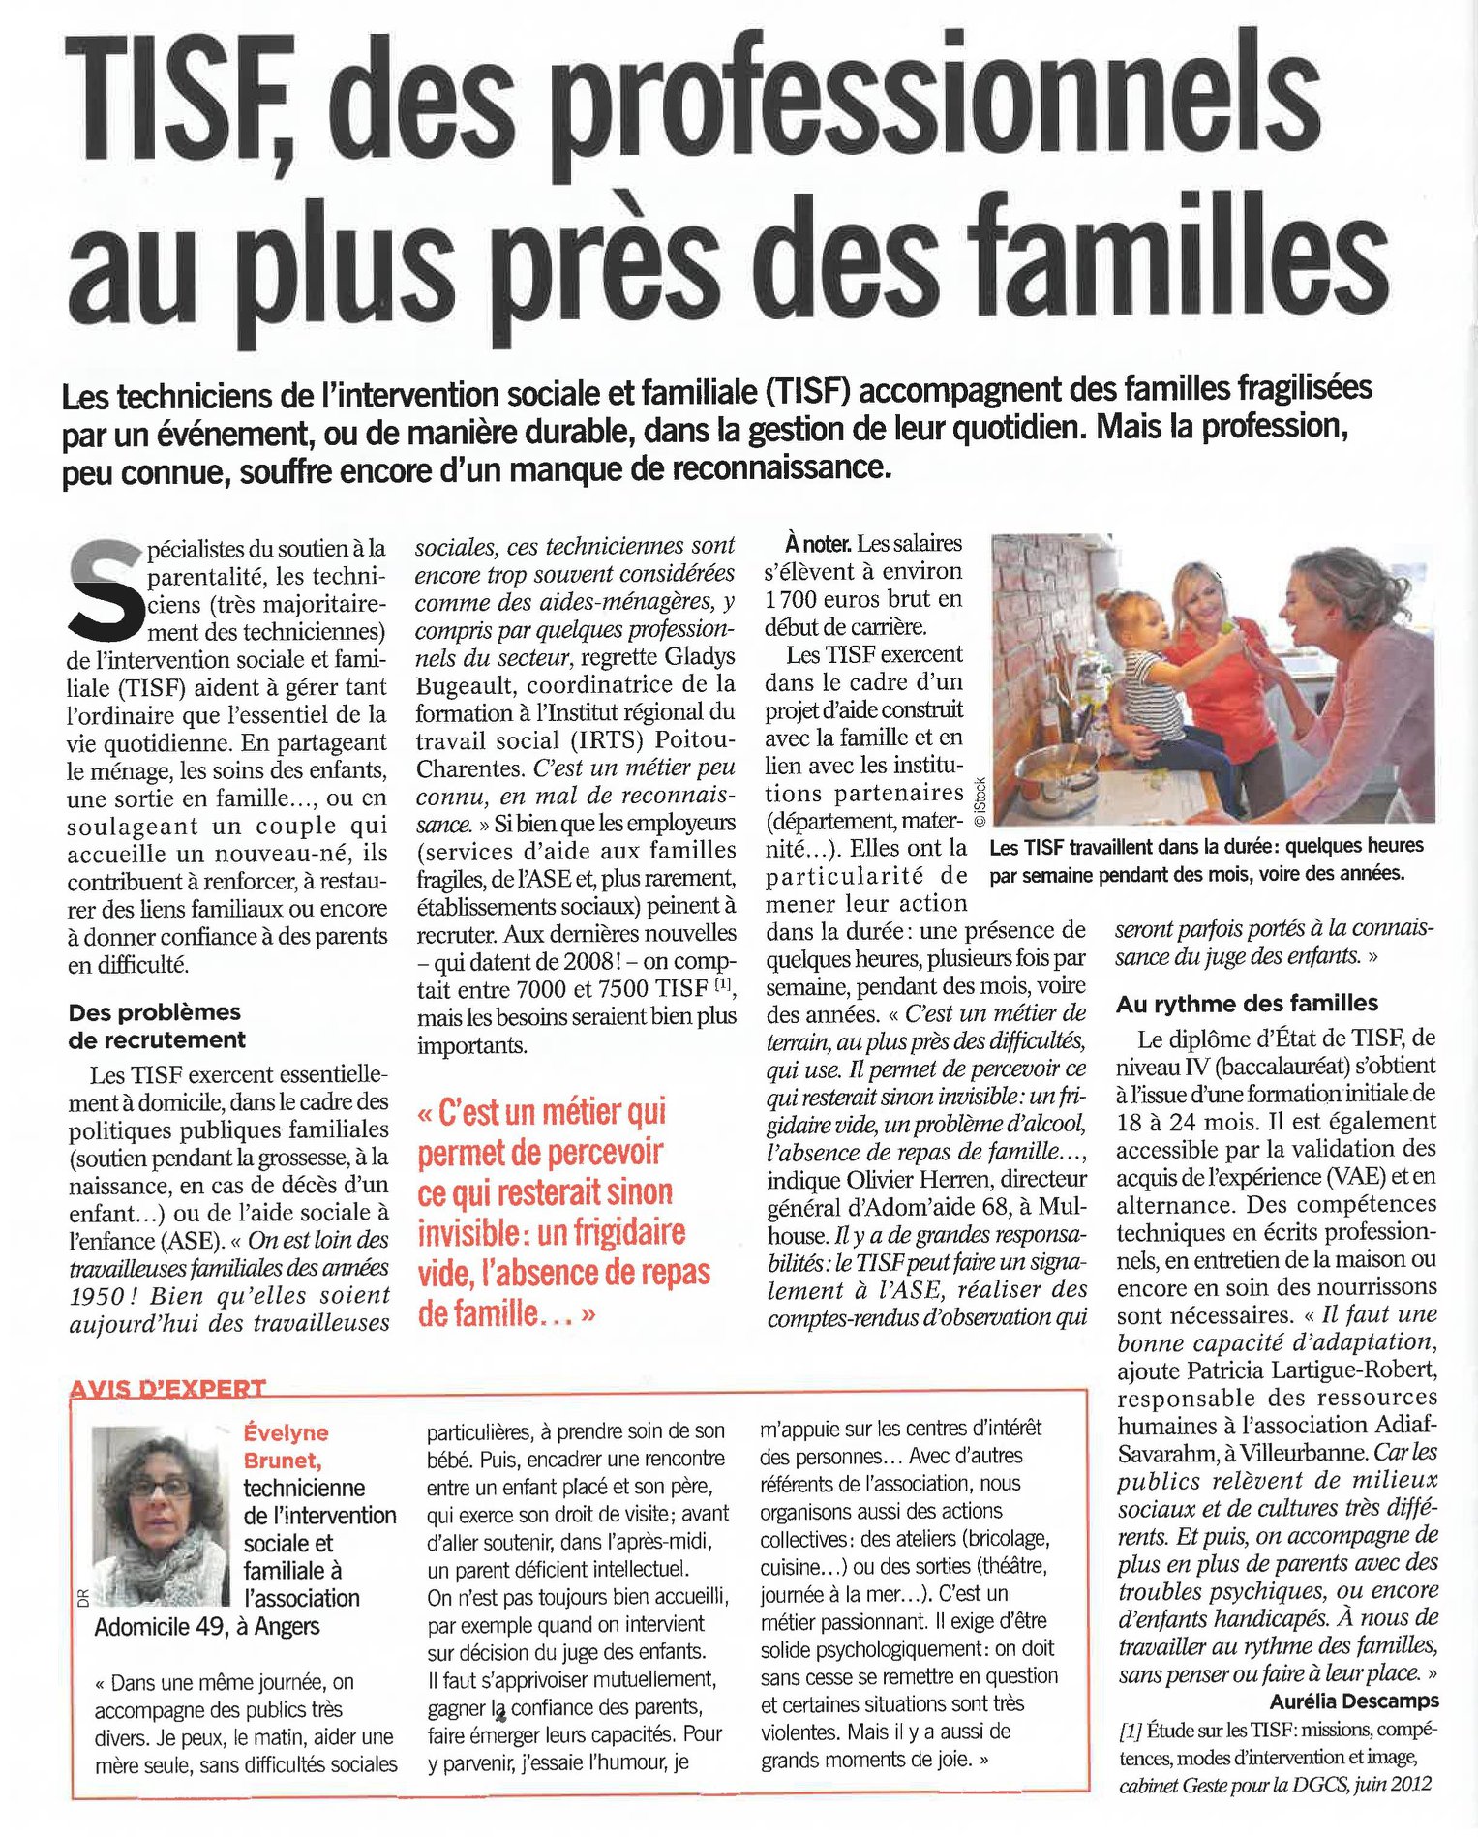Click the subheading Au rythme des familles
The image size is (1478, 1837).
(x=1247, y=1004)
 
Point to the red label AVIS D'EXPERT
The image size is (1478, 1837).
(x=167, y=1388)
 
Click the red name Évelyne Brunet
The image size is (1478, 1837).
(x=286, y=1446)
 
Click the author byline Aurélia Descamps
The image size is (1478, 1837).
(x=1354, y=1701)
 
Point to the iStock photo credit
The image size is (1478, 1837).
(x=980, y=800)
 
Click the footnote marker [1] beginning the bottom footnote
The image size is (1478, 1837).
(x=1130, y=1730)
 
